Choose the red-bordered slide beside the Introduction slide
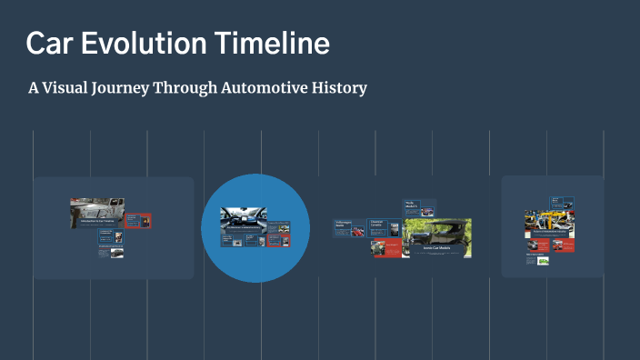139,221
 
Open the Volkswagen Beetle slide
348,228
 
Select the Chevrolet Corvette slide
383,226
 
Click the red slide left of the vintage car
385,248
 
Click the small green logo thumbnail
543,261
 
